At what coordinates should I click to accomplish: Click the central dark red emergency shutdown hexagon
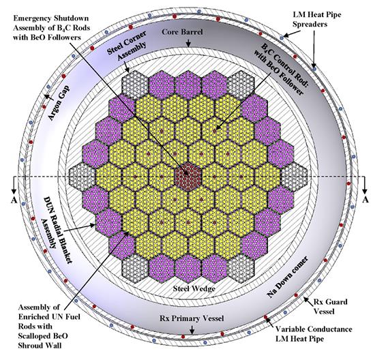pyautogui.click(x=188, y=177)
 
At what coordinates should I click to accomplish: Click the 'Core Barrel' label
pyautogui.click(x=182, y=32)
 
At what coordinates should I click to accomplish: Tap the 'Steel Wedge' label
pyautogui.click(x=194, y=288)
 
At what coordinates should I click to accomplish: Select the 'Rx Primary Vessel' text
pyautogui.click(x=192, y=318)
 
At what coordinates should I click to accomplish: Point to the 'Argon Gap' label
pyautogui.click(x=59, y=103)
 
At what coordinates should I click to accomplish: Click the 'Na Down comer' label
pyautogui.click(x=287, y=277)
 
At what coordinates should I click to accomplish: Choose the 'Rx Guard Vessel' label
pyautogui.click(x=330, y=307)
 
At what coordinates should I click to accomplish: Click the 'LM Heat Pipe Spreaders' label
pyautogui.click(x=316, y=19)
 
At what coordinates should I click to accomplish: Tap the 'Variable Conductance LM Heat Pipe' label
pyautogui.click(x=314, y=334)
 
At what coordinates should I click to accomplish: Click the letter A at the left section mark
pyautogui.click(x=14, y=200)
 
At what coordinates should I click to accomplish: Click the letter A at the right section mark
pyautogui.click(x=365, y=200)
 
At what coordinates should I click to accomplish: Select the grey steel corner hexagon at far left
pyautogui.click(x=82, y=177)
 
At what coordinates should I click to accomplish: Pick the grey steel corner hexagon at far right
pyautogui.click(x=295, y=177)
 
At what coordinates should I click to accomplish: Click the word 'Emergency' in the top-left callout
pyautogui.click(x=33, y=18)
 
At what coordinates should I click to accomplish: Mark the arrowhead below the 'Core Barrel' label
pyautogui.click(x=188, y=45)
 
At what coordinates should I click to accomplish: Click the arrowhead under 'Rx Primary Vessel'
pyautogui.click(x=192, y=331)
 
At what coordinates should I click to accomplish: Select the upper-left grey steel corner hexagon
pyautogui.click(x=135, y=85)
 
